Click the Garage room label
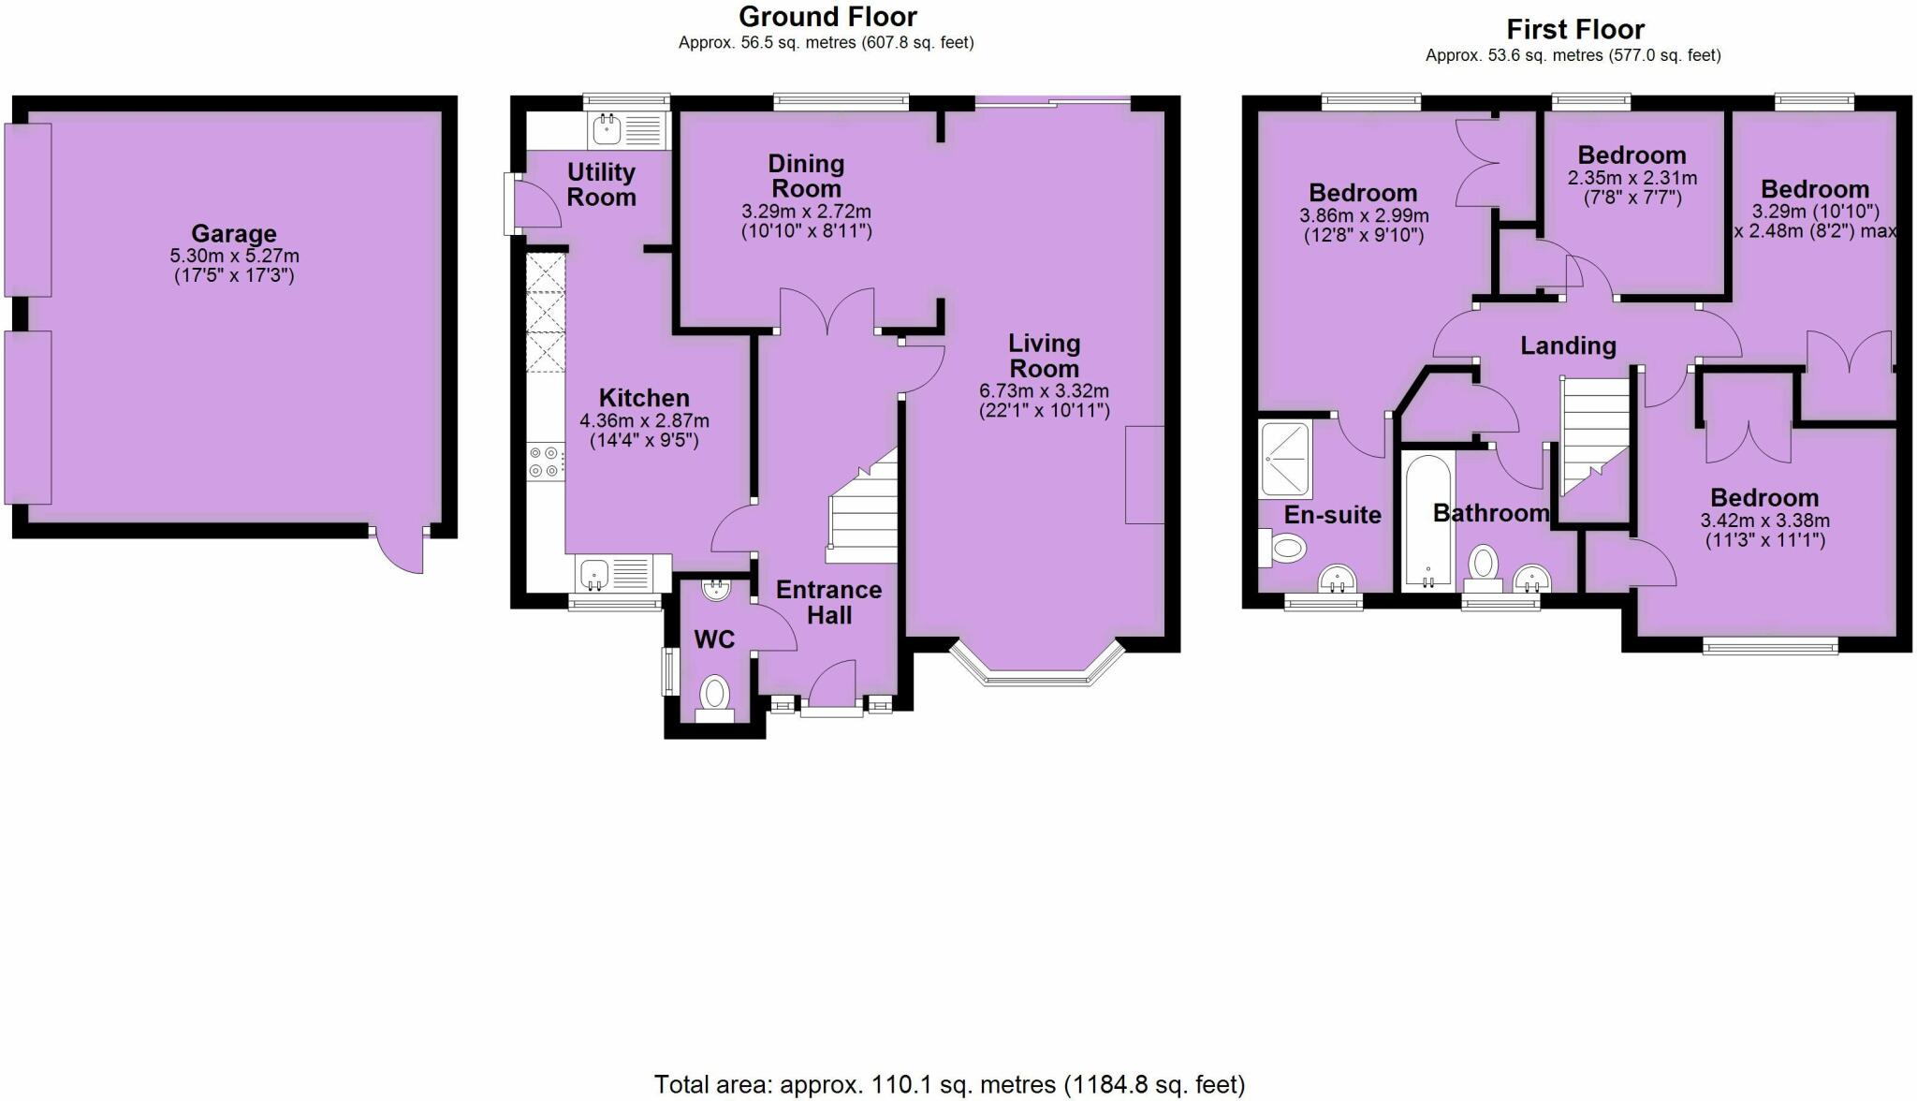click(234, 233)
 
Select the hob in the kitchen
click(545, 462)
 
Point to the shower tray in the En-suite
click(1286, 460)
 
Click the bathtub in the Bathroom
click(1427, 521)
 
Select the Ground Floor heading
click(827, 16)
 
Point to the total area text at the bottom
click(949, 1085)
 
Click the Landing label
click(1568, 345)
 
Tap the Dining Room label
click(806, 176)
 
